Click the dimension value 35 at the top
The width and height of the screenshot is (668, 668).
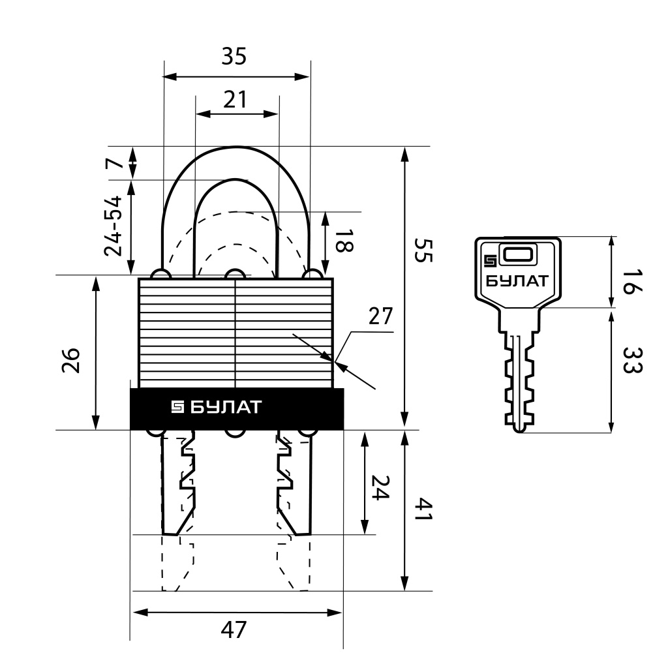click(x=234, y=56)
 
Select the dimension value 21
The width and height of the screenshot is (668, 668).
click(x=235, y=100)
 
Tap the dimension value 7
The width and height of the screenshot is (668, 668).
click(x=114, y=162)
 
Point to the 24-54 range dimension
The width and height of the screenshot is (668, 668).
click(x=114, y=226)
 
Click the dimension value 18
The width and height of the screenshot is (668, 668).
click(x=344, y=241)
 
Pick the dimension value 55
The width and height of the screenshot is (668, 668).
click(x=423, y=250)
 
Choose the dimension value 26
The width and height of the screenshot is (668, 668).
click(x=70, y=360)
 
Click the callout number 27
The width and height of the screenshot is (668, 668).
click(x=380, y=316)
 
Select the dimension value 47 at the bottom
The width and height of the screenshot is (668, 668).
click(x=234, y=630)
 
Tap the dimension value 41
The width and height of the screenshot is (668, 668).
click(x=423, y=509)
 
